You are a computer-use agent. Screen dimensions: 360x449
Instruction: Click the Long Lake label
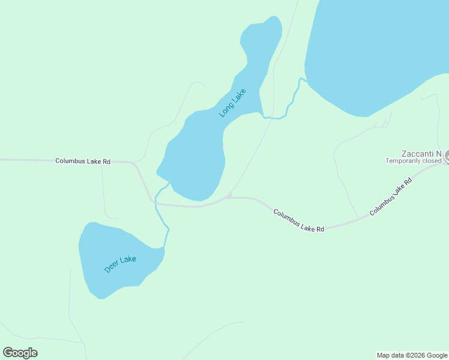click(233, 103)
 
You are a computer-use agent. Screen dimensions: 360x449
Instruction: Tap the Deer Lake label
click(120, 264)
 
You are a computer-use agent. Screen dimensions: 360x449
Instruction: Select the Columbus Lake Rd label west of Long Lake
click(83, 161)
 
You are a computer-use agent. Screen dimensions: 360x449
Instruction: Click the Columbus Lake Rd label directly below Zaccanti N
click(391, 197)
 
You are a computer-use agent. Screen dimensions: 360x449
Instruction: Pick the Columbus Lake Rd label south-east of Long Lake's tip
click(298, 221)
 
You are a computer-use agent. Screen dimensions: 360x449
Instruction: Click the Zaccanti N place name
click(421, 153)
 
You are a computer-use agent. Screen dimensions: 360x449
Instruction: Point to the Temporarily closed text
click(413, 161)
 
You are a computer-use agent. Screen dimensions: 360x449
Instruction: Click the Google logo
click(20, 353)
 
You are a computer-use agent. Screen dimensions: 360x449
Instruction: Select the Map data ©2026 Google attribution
click(412, 355)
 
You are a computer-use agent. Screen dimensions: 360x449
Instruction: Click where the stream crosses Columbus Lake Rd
click(155, 204)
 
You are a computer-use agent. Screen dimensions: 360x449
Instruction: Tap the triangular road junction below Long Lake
click(229, 196)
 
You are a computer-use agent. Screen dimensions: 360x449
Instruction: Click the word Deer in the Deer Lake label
click(112, 267)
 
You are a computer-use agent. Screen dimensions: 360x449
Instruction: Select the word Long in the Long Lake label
click(226, 109)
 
